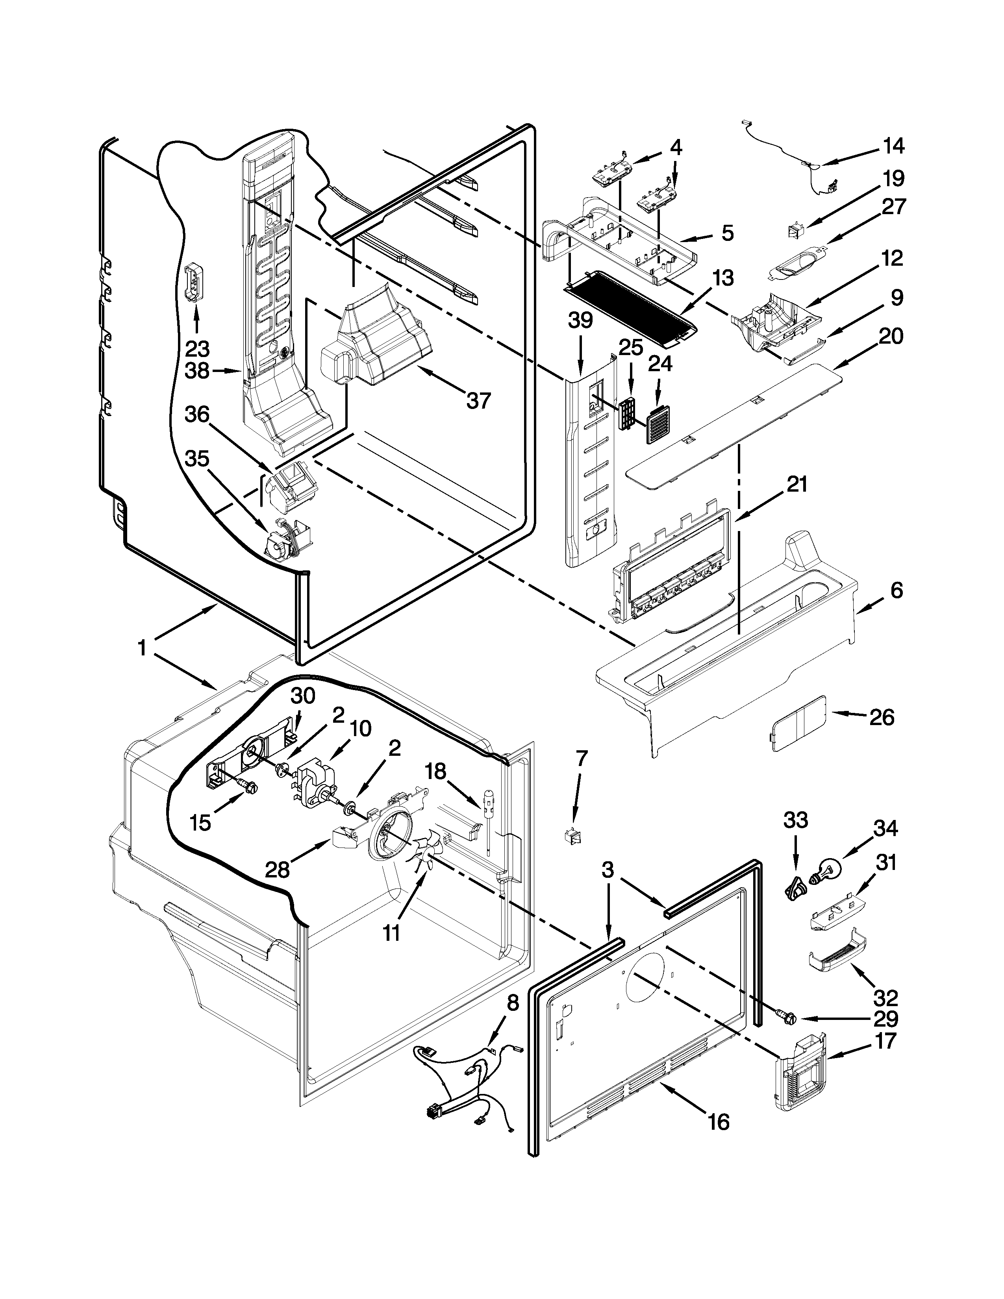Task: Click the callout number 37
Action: (478, 400)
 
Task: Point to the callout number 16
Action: (719, 1122)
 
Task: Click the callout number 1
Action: (142, 648)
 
